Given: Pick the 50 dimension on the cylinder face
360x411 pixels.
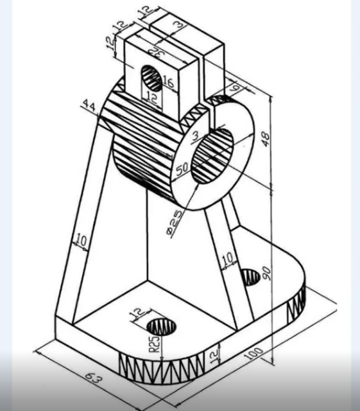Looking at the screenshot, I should [x=183, y=168].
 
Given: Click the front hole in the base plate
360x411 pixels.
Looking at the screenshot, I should [x=162, y=326].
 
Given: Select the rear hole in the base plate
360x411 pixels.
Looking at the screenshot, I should [x=250, y=277].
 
